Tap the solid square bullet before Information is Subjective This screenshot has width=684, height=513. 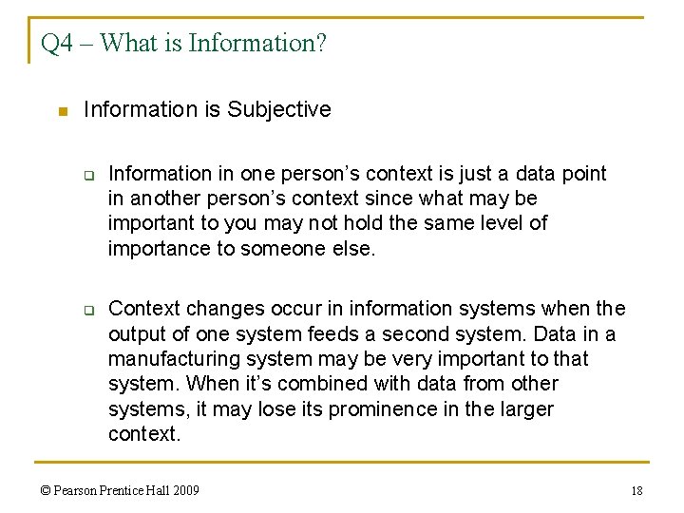pyautogui.click(x=63, y=112)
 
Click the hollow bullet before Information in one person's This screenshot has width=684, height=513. pyautogui.click(x=87, y=175)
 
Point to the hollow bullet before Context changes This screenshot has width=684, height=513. pyautogui.click(x=87, y=310)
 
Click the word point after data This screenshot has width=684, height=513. pyautogui.click(x=583, y=174)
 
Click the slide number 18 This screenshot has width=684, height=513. pyautogui.click(x=636, y=491)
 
